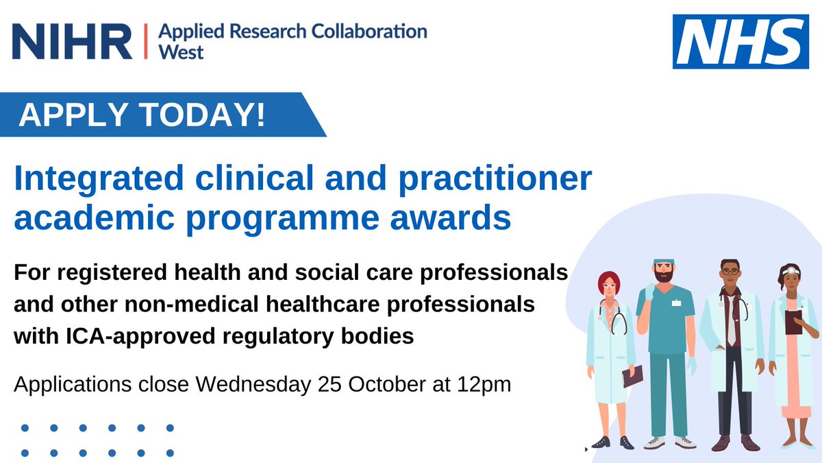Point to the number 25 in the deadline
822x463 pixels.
(x=334, y=384)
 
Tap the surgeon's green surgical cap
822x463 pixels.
(x=664, y=263)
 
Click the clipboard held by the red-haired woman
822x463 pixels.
(x=633, y=375)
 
